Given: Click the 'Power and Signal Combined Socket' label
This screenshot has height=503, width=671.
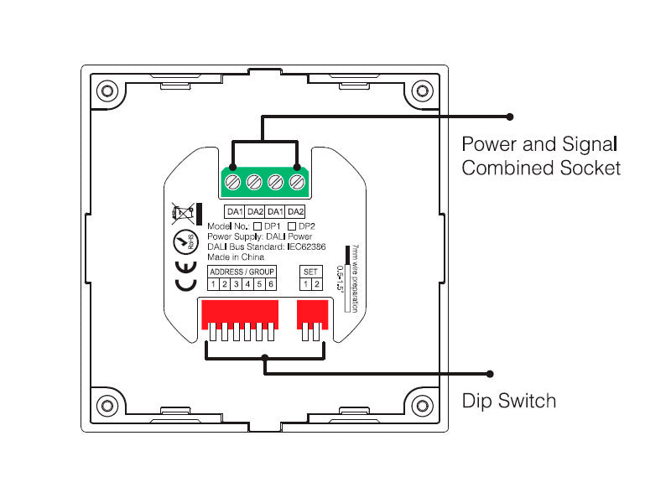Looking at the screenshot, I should click(541, 155).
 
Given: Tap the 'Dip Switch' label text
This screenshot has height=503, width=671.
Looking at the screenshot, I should click(509, 401).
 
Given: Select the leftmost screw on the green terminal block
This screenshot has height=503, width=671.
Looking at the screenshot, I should click(236, 181).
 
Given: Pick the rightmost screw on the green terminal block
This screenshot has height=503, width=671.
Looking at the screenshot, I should click(296, 181).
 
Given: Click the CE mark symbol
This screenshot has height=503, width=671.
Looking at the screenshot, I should click(186, 276).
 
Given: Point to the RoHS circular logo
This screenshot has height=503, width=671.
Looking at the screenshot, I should click(184, 243).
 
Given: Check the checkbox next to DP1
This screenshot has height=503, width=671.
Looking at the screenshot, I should click(258, 226).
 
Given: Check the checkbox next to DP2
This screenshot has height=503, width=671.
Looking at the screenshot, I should click(292, 226).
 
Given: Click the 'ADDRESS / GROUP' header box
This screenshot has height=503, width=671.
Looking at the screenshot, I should click(242, 272).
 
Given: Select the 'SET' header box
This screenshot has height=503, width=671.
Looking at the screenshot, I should click(311, 272).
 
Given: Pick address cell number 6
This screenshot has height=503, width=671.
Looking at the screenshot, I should click(271, 284).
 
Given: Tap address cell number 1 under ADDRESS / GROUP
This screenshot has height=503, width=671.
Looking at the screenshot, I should click(214, 284).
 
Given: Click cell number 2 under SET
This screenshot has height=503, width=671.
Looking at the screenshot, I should click(317, 284).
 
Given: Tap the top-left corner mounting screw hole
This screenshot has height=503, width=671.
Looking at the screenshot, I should click(107, 90).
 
